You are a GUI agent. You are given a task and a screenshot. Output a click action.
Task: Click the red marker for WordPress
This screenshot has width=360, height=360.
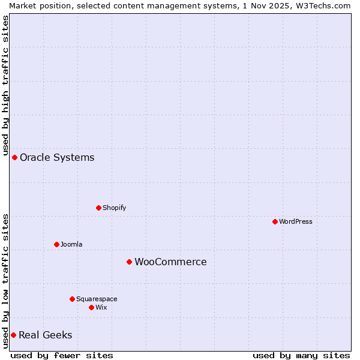pyautogui.click(x=275, y=221)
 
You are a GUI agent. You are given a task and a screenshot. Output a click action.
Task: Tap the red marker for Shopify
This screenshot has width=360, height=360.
pyautogui.click(x=98, y=208)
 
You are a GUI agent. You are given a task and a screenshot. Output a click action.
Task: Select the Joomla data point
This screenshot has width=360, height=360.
pyautogui.click(x=56, y=244)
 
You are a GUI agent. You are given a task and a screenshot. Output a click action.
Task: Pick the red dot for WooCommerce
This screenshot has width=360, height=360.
pyautogui.click(x=129, y=262)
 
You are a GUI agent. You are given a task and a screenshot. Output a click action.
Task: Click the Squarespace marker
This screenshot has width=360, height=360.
pyautogui.click(x=72, y=299)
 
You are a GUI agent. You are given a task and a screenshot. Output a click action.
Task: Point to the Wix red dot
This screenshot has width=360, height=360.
pyautogui.click(x=91, y=307)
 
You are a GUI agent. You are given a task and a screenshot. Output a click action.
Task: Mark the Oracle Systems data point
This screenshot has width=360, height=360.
pyautogui.click(x=14, y=157)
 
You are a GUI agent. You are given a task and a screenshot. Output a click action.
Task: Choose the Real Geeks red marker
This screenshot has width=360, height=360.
pyautogui.click(x=13, y=335)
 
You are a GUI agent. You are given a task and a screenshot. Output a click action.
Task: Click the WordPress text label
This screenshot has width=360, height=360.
pyautogui.click(x=296, y=221)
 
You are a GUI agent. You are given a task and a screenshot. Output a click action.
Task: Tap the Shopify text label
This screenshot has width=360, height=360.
pyautogui.click(x=114, y=208)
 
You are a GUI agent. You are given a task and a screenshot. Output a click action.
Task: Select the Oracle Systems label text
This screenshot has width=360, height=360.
pyautogui.click(x=57, y=157)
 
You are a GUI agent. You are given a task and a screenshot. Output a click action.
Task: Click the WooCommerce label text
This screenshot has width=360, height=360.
pyautogui.click(x=170, y=262)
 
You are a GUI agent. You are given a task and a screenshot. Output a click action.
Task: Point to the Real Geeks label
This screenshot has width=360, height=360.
pyautogui.click(x=45, y=335)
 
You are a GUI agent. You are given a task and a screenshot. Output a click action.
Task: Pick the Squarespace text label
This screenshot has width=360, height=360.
pyautogui.click(x=97, y=299)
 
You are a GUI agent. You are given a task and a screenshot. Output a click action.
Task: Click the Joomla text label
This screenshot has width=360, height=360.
pyautogui.click(x=71, y=244)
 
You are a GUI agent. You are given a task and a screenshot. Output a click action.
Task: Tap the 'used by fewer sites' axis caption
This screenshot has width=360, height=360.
pyautogui.click(x=62, y=355)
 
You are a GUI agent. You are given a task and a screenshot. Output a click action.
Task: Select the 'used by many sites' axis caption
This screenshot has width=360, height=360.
pyautogui.click(x=301, y=355)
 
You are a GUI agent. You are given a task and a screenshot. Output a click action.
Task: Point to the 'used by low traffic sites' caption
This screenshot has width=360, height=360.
pyautogui.click(x=6, y=280)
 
